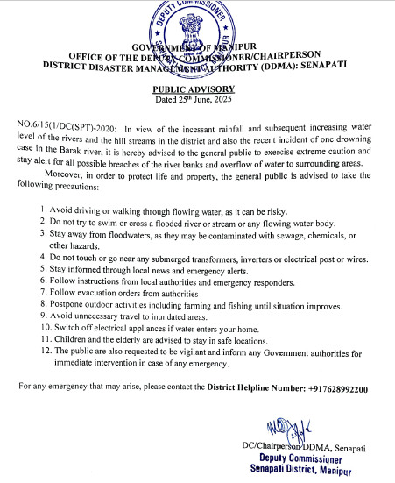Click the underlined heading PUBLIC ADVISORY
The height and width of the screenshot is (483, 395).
coord(195,89)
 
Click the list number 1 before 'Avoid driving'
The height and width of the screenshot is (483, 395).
coord(44,210)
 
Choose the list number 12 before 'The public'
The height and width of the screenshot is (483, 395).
coord(46,352)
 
